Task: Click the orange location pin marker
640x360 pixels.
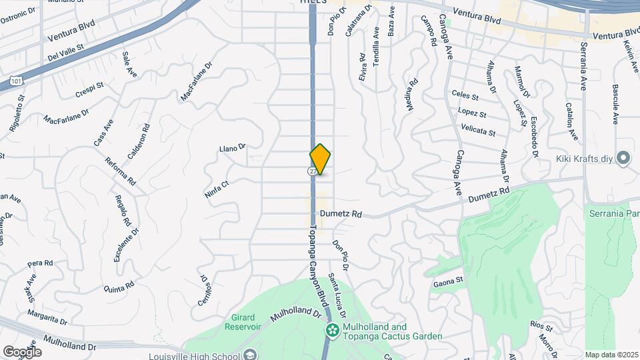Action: [x=321, y=159]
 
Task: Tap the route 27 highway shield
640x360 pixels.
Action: [x=312, y=171]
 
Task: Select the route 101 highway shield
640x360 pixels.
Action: [x=13, y=81]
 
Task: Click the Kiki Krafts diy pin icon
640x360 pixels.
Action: [x=623, y=158]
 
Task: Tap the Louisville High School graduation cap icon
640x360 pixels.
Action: [x=250, y=353]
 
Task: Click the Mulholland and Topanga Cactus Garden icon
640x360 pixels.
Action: [x=331, y=330]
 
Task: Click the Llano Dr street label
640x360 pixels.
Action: [x=233, y=147]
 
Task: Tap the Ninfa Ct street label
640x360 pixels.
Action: [x=217, y=188]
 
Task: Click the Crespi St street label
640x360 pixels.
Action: [x=89, y=90]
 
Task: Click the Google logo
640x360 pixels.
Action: [x=22, y=351]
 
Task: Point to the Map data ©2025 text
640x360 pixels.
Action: [x=611, y=355]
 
